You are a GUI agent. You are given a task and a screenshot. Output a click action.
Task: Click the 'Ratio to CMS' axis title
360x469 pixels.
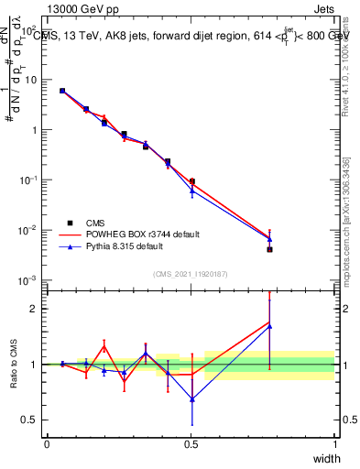(x=14, y=365)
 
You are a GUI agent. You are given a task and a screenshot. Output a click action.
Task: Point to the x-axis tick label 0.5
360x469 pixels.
(x=191, y=444)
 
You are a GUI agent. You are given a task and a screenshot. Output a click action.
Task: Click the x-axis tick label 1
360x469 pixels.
(x=334, y=444)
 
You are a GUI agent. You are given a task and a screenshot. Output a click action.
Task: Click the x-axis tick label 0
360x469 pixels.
(x=47, y=444)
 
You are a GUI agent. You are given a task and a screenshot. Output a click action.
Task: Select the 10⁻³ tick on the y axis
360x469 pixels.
(x=31, y=279)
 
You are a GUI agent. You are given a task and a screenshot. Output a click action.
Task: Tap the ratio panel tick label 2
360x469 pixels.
(x=36, y=309)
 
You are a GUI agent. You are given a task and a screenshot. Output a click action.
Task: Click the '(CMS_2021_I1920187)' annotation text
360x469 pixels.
(x=191, y=273)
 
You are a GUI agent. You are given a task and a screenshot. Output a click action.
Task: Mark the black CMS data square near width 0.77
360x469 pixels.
(x=269, y=249)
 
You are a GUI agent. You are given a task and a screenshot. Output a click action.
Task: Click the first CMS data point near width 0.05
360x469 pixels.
(x=62, y=91)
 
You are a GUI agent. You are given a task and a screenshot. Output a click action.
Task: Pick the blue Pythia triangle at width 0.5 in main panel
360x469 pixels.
(x=191, y=191)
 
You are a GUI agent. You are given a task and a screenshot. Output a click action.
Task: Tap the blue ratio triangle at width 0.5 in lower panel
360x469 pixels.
(x=191, y=398)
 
